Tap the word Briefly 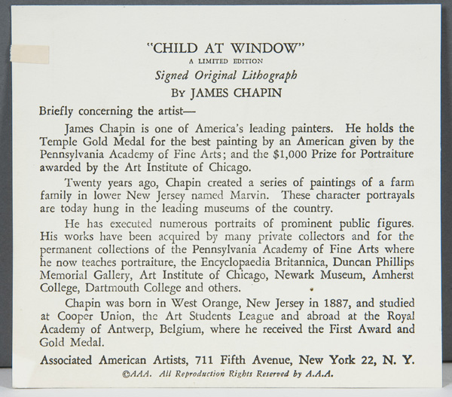pos(58,111)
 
